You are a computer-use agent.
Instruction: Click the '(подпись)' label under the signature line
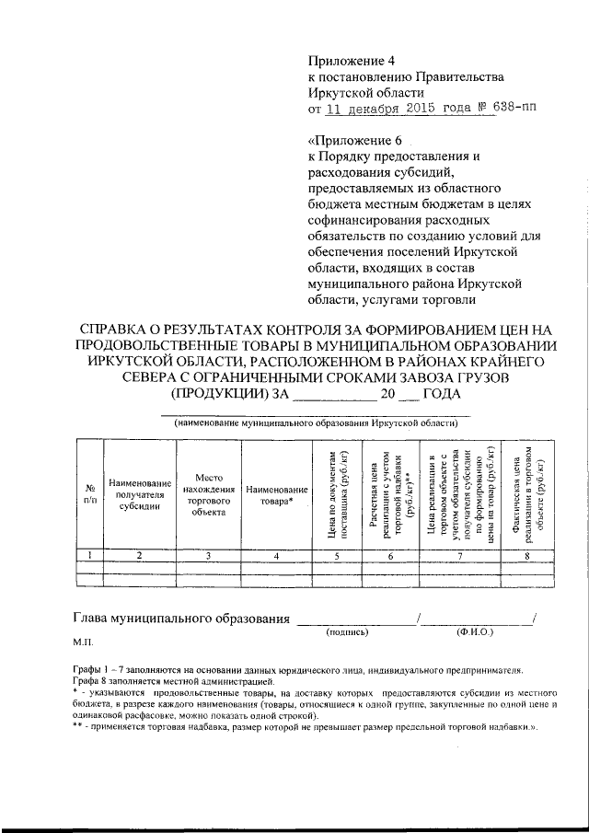tap(346, 633)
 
